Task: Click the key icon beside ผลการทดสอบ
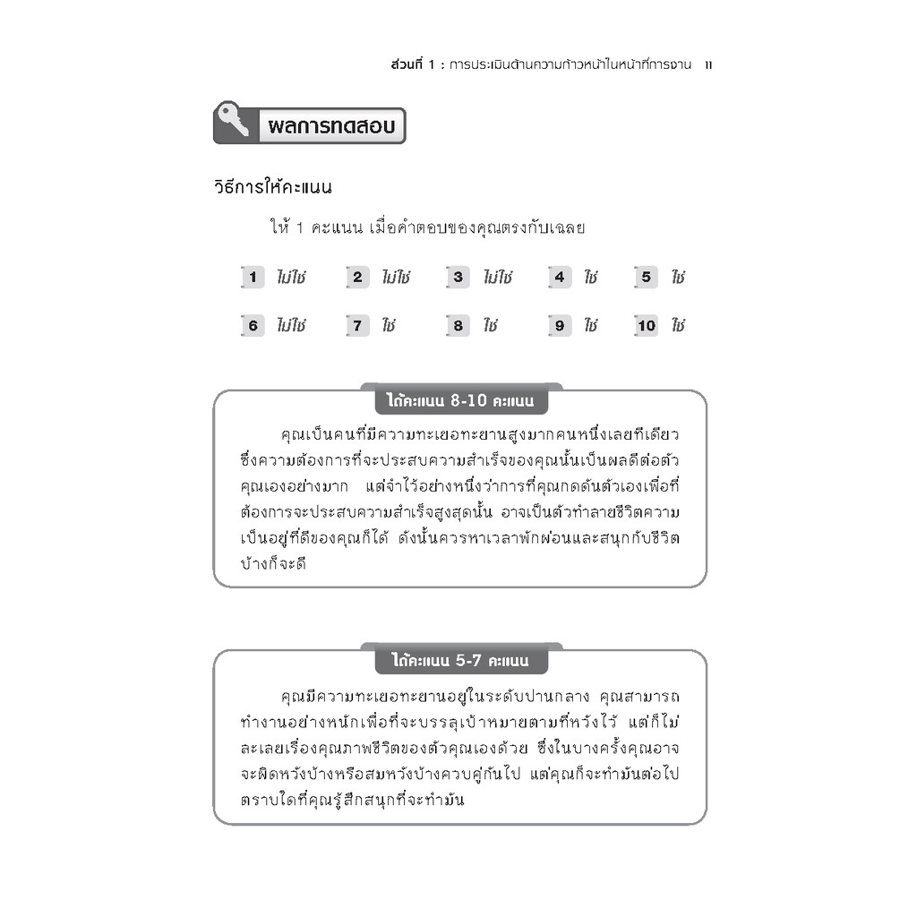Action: coord(233,121)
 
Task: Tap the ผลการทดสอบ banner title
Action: coord(331,126)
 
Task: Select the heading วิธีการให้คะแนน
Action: coord(273,188)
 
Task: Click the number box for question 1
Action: coord(253,278)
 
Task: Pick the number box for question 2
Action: coord(356,278)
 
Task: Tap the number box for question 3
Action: coord(458,278)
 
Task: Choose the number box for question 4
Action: coord(560,278)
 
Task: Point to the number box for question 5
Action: coord(646,278)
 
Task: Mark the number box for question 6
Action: coord(253,326)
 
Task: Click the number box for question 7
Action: coord(356,326)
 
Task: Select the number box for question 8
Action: coord(458,326)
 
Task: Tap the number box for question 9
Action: coord(560,326)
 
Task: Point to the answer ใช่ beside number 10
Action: coord(677,326)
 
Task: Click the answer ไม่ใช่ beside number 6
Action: coord(291,326)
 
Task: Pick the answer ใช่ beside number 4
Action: coord(590,278)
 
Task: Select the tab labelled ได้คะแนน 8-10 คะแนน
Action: coord(460,400)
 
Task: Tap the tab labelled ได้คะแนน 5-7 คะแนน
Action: coord(460,661)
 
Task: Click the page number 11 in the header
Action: coord(708,64)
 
